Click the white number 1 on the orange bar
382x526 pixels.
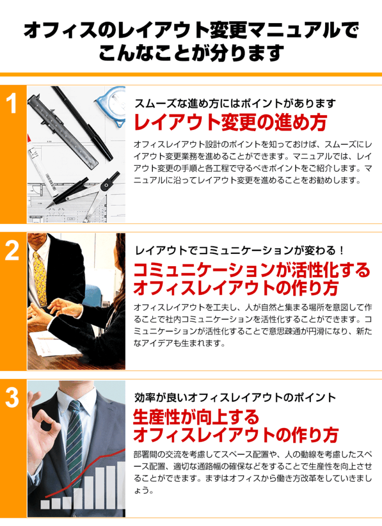pyautogui.click(x=12, y=103)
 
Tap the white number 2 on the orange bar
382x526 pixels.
pyautogui.click(x=12, y=251)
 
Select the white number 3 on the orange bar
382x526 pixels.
pyautogui.click(x=12, y=398)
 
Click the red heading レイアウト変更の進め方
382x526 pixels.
pyautogui.click(x=230, y=122)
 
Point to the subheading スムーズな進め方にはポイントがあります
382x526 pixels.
pyautogui.click(x=235, y=103)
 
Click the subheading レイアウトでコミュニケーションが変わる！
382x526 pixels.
pyautogui.click(x=239, y=250)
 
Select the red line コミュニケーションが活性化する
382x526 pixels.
pyautogui.click(x=252, y=270)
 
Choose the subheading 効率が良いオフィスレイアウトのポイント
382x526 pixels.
pyautogui.click(x=235, y=397)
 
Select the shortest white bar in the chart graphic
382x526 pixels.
pyautogui.click(x=45, y=504)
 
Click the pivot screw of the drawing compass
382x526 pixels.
pyautogui.click(x=106, y=185)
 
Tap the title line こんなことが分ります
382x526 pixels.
pyautogui.click(x=191, y=53)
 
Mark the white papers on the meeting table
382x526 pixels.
pyautogui.click(x=53, y=343)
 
